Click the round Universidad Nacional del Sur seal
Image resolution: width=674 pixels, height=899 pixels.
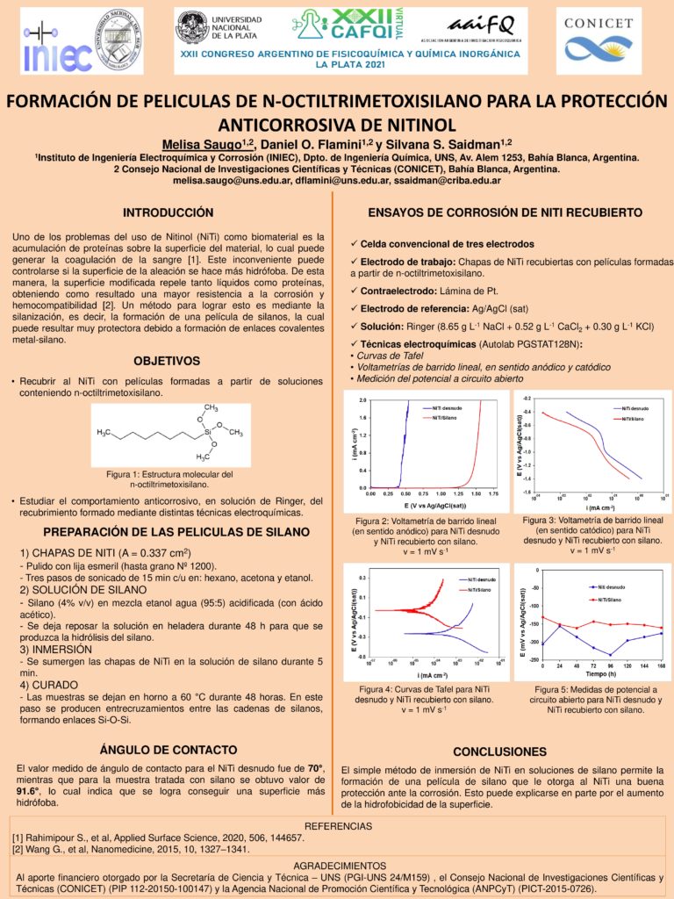point(118,34)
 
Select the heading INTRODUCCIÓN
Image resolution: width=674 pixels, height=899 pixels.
point(168,213)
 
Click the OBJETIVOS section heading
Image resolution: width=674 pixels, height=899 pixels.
point(167,361)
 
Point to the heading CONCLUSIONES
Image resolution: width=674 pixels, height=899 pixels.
point(499,752)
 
